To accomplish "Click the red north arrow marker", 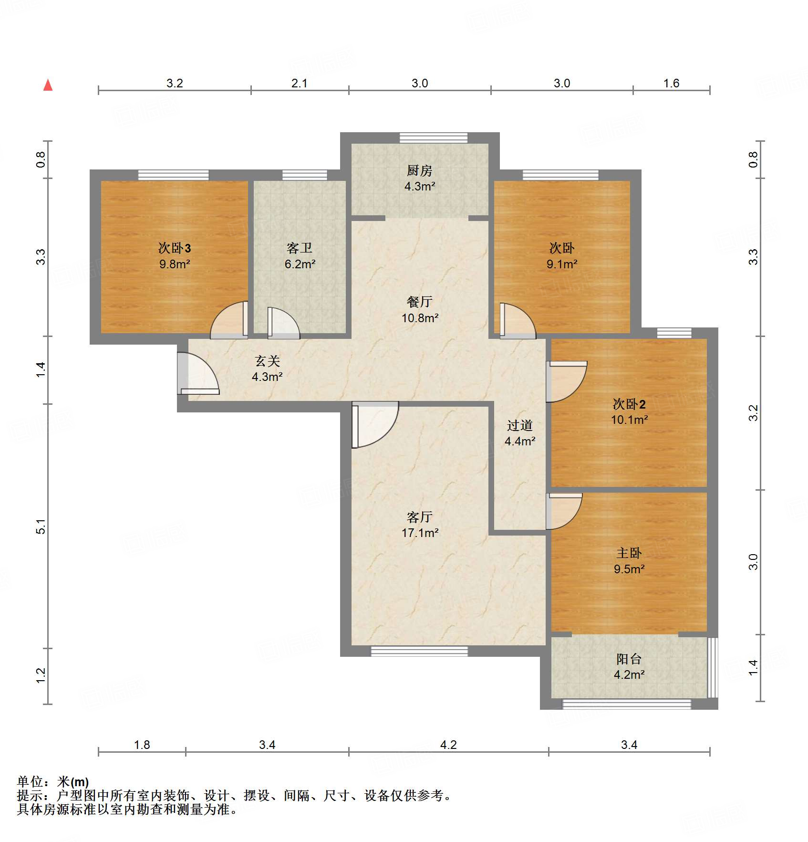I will [x=48, y=85].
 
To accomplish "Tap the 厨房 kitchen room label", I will [x=419, y=170].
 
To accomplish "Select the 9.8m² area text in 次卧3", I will [x=175, y=264].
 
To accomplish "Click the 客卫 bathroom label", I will [x=300, y=248].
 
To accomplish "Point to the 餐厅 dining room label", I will [x=419, y=302].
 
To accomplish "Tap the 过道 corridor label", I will [x=519, y=425].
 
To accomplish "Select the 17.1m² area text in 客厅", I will [x=420, y=533].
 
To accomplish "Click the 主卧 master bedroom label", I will [x=629, y=553].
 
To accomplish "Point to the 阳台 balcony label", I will [x=629, y=659].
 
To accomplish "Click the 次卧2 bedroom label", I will [x=629, y=404].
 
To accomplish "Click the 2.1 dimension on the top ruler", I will [x=299, y=83].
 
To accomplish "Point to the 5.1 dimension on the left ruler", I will [x=41, y=526].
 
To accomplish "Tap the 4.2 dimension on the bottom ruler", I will [x=448, y=745].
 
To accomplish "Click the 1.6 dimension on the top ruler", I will [x=671, y=83].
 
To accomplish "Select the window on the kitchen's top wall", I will [x=433, y=138].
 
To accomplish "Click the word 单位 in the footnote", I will [x=30, y=782].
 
